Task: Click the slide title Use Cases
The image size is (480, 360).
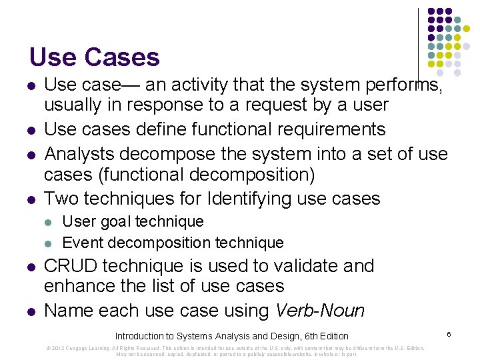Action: click(x=94, y=57)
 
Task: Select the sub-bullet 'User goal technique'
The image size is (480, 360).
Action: click(x=133, y=221)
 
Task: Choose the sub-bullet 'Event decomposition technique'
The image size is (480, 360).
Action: click(x=173, y=243)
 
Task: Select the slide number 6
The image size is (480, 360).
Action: click(x=450, y=333)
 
